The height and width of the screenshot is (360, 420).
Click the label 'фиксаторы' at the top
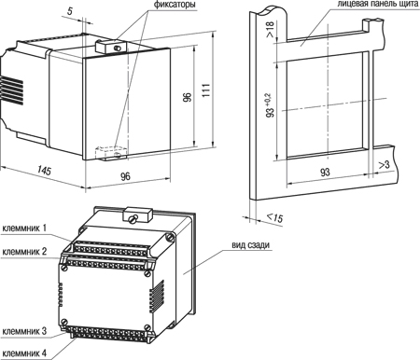pos(175,5)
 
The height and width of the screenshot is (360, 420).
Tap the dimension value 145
pos(44,170)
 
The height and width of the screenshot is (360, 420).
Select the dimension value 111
pos(206,90)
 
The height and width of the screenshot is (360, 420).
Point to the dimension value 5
pos(70,11)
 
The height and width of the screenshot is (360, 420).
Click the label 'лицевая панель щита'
pos(378,4)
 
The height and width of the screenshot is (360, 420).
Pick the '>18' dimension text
pos(270,30)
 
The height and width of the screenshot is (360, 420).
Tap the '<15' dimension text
pos(275,217)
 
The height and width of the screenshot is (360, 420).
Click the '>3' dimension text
pos(384,165)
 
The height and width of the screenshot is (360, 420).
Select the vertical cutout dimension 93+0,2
pos(270,105)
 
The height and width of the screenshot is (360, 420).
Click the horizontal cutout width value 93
pos(325,172)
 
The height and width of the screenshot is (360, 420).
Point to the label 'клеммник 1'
pos(24,228)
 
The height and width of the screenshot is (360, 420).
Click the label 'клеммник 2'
pos(24,251)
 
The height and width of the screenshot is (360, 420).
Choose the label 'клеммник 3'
pos(24,331)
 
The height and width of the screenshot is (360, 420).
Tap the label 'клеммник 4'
pos(24,353)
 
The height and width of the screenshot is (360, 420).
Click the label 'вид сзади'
pos(250,245)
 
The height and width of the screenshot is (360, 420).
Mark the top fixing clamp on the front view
pos(111,47)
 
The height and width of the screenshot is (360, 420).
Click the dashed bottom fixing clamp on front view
pos(111,153)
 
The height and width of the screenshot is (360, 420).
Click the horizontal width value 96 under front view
pos(125,176)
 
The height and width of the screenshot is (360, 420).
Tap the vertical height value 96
pos(188,97)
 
